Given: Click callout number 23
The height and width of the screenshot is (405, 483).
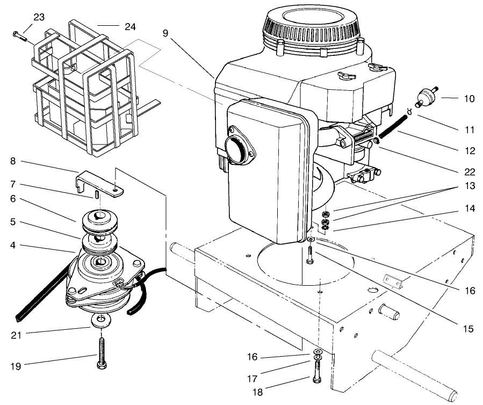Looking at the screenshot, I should pyautogui.click(x=39, y=17).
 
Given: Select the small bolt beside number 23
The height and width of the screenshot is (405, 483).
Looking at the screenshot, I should pyautogui.click(x=19, y=36).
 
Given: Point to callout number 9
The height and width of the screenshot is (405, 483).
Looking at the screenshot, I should pyautogui.click(x=167, y=33).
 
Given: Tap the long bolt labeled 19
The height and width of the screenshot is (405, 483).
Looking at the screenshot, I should pyautogui.click(x=101, y=349).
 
